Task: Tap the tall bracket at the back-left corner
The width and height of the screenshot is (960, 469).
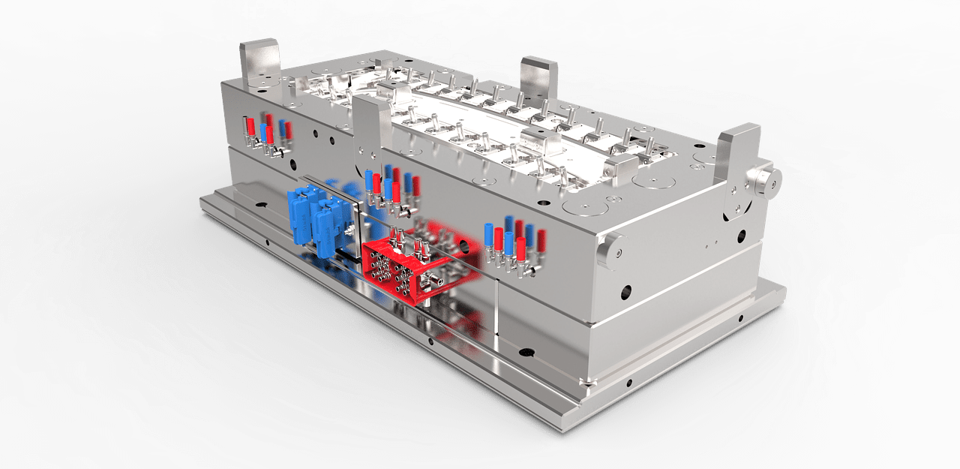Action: coord(259,65)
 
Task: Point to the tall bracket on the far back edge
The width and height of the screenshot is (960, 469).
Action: coord(539,79)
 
